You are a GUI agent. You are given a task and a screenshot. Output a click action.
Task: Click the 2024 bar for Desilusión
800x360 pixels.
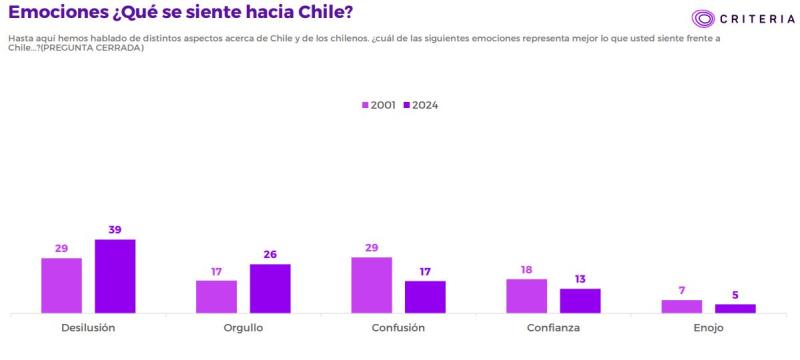pos(115,276)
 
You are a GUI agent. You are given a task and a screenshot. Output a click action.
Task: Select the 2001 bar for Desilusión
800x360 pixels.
pos(61,285)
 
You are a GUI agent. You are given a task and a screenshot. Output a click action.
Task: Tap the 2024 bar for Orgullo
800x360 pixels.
pos(270,288)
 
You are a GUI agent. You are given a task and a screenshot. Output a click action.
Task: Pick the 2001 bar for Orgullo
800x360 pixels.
pos(216,296)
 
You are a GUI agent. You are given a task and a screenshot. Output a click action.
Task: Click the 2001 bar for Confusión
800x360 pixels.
pos(371,285)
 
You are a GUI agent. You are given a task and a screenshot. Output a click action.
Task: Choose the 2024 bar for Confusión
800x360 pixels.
pos(425,297)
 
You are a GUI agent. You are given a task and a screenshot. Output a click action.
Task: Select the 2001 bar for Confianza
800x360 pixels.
pos(526,296)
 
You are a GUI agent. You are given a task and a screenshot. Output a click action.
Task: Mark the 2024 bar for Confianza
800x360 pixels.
pos(580,301)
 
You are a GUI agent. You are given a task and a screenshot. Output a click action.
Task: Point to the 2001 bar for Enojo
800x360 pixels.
pos(681,306)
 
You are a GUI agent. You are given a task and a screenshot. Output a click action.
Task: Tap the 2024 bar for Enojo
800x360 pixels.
pos(735,309)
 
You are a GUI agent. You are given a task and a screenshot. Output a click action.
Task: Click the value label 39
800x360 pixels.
pos(115,230)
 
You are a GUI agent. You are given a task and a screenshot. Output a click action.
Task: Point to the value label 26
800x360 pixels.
pos(270,254)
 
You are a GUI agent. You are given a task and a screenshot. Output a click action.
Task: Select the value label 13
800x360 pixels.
pos(580,279)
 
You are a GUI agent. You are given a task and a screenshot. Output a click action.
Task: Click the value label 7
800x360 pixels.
pos(681,290)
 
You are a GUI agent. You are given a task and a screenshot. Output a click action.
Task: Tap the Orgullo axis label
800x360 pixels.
pos(243,327)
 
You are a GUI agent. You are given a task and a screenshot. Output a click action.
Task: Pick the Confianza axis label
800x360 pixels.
pos(553,327)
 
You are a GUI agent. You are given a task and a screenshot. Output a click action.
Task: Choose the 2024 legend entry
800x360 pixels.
pos(420,105)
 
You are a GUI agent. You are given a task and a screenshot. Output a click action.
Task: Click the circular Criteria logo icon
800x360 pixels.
pos(704,18)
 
